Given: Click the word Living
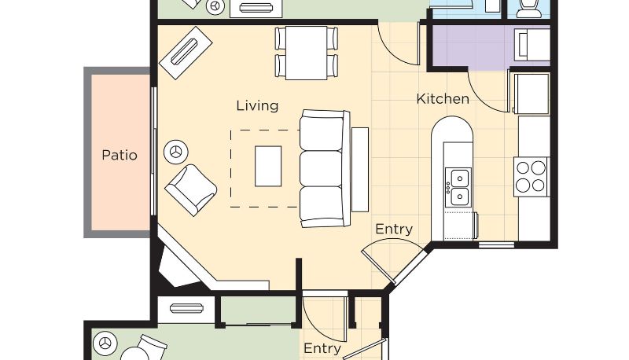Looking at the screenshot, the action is pyautogui.click(x=257, y=106).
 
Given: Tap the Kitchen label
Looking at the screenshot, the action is pyautogui.click(x=443, y=99).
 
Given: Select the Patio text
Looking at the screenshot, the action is pyautogui.click(x=120, y=155).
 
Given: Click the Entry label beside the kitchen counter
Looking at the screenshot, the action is pyautogui.click(x=394, y=230).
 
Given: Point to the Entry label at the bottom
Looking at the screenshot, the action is pyautogui.click(x=322, y=348).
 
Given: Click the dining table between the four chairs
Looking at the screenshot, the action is pyautogui.click(x=307, y=53).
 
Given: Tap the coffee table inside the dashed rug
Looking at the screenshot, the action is pyautogui.click(x=268, y=167).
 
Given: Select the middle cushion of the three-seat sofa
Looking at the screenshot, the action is pyautogui.click(x=322, y=168).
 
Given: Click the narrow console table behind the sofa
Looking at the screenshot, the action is pyautogui.click(x=360, y=170).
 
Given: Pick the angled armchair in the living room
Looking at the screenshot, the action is pyautogui.click(x=191, y=189).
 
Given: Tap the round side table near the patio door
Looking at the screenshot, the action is pyautogui.click(x=176, y=152).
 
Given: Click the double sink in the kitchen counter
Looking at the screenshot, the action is pyautogui.click(x=458, y=187).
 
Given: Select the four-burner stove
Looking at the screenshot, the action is pyautogui.click(x=532, y=177).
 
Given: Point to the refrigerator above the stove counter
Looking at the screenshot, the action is pyautogui.click(x=532, y=94).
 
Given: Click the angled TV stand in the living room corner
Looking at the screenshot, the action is pyautogui.click(x=186, y=53).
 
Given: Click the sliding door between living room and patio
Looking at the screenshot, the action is pyautogui.click(x=153, y=151).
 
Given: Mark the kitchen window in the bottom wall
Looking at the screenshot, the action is pyautogui.click(x=497, y=244).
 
